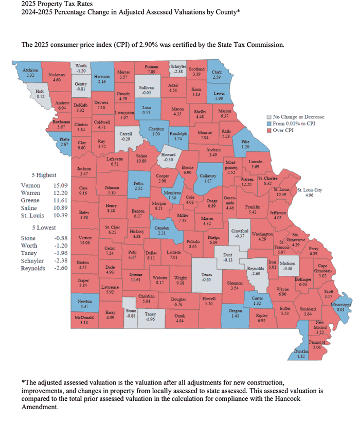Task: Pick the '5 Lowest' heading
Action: tap(45, 227)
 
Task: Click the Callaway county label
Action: tap(207, 175)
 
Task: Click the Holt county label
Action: tap(40, 93)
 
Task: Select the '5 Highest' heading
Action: tap(45, 174)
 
